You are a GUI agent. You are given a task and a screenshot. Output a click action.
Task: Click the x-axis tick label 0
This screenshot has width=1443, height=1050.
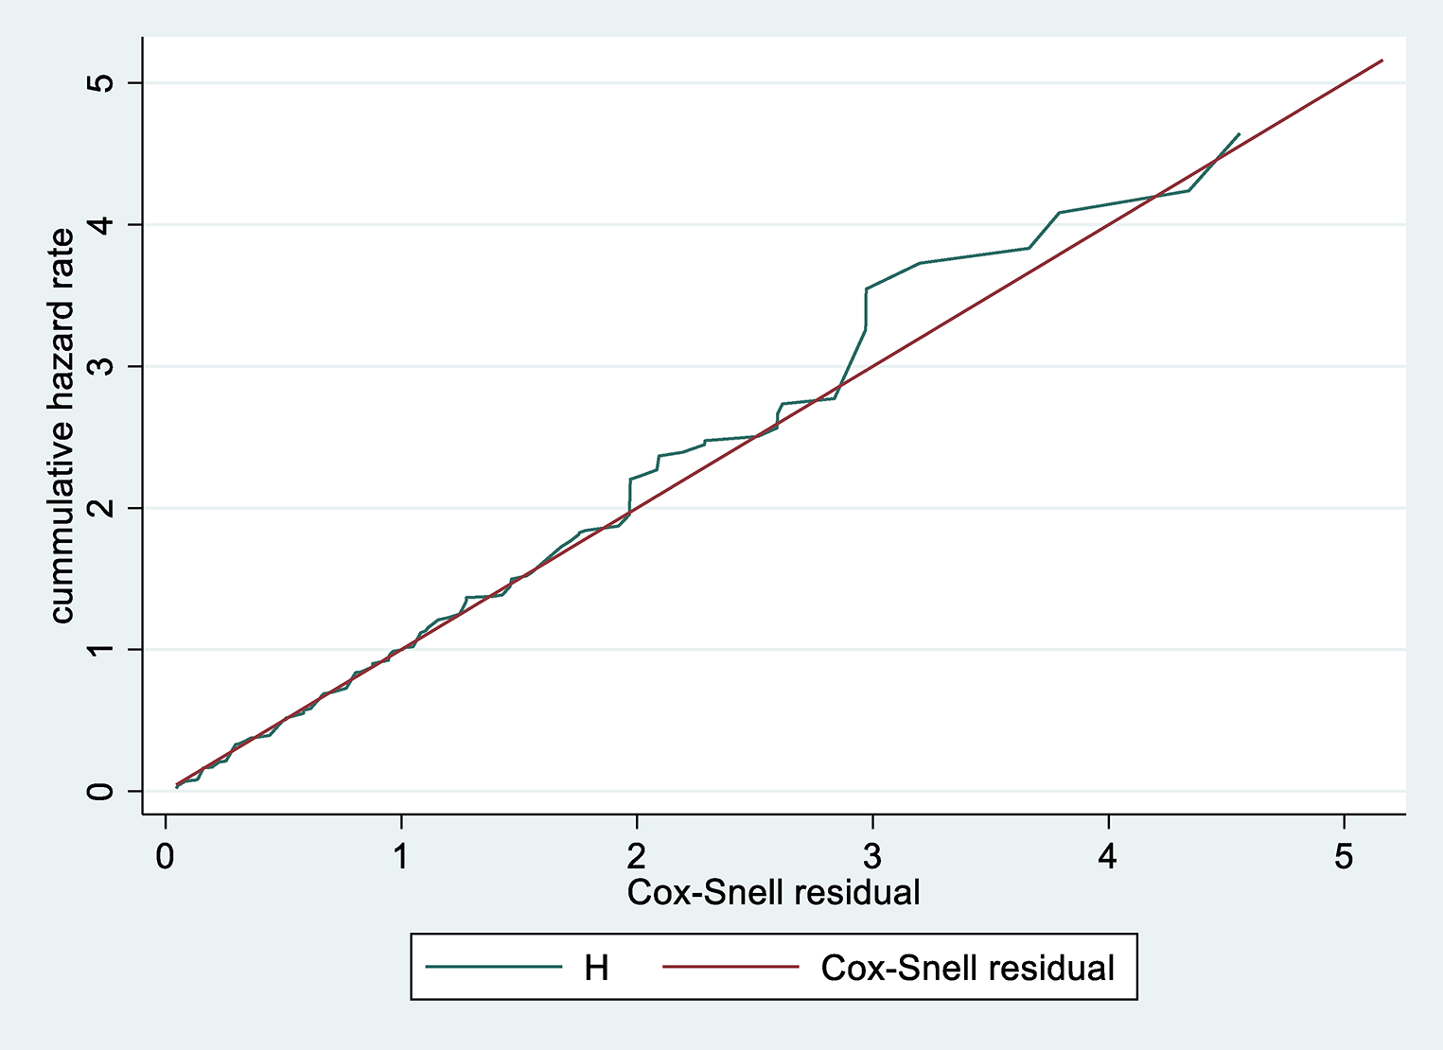[166, 857]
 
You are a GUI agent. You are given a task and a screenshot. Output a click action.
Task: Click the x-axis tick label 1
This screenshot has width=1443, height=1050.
[401, 857]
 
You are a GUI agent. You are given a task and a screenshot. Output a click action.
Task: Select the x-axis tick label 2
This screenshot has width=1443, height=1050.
[637, 857]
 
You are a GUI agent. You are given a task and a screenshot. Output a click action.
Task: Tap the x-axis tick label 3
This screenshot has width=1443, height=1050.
[872, 857]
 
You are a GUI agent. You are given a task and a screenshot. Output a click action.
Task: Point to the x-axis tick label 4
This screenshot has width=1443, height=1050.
[1108, 857]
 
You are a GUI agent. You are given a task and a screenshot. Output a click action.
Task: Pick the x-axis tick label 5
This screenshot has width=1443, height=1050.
[1344, 857]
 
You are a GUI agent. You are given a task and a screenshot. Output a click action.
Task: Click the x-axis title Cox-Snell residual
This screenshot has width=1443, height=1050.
[773, 892]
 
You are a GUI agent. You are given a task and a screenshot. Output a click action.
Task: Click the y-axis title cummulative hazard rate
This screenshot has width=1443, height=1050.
[62, 426]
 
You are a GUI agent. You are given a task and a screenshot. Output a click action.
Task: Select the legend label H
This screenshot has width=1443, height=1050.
[596, 968]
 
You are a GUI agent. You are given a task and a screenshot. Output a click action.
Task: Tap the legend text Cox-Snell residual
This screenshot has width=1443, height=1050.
[967, 968]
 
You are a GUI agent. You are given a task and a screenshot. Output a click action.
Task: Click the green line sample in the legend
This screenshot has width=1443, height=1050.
[493, 967]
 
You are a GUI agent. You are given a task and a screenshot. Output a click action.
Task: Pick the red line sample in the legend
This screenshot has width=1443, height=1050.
[730, 967]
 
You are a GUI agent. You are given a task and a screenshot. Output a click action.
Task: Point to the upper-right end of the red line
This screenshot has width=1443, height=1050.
[1382, 61]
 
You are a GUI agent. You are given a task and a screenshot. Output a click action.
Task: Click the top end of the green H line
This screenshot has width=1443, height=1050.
[1239, 134]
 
